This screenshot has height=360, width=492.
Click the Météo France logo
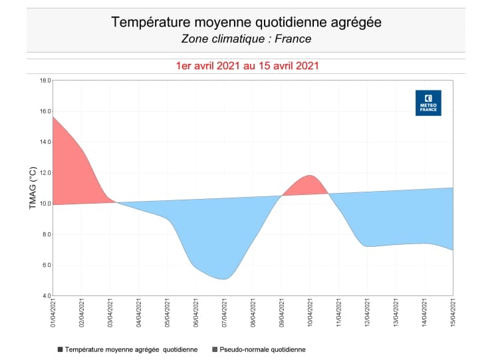(428, 103)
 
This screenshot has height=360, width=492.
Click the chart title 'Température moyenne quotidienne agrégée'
(246, 23)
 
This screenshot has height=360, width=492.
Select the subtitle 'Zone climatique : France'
(246, 39)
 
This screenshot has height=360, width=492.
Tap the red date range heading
(246, 66)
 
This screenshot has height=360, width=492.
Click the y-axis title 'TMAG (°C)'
(33, 188)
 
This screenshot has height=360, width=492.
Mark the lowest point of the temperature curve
(224, 279)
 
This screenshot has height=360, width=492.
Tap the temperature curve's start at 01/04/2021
(53, 117)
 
